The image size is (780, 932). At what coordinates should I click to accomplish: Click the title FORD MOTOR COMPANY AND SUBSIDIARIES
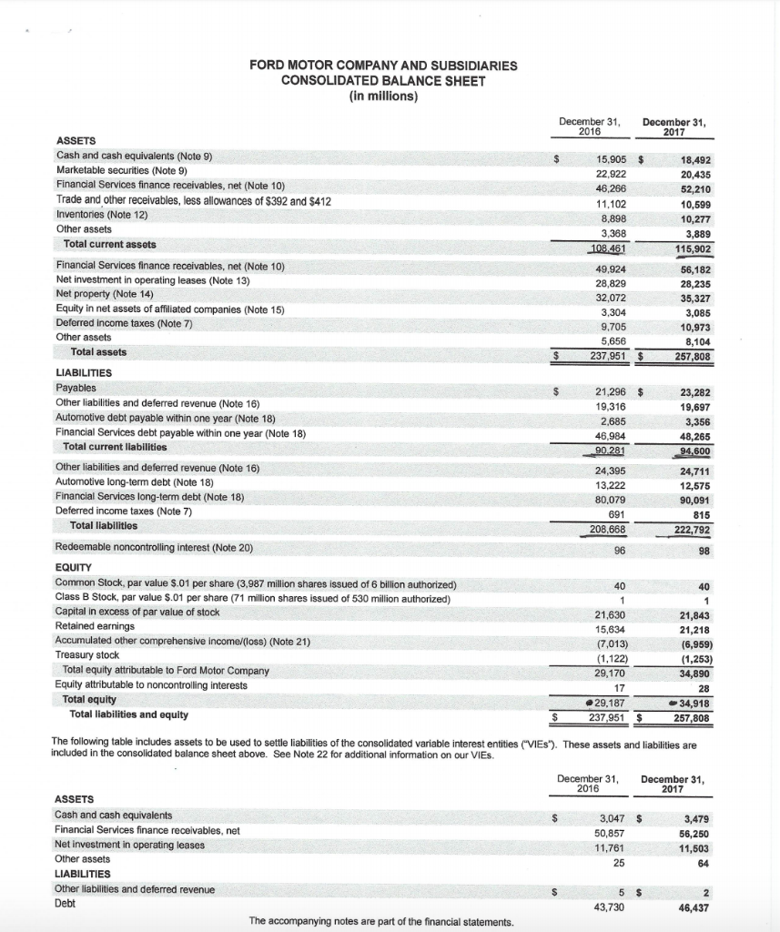point(383,66)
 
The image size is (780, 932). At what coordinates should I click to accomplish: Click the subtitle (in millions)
point(383,96)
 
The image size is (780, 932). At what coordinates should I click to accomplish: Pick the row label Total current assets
point(109,244)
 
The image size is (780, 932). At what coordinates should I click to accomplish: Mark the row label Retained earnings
point(96,626)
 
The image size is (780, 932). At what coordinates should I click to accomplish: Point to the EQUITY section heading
point(76,567)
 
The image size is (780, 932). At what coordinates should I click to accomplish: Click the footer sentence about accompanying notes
point(382,921)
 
